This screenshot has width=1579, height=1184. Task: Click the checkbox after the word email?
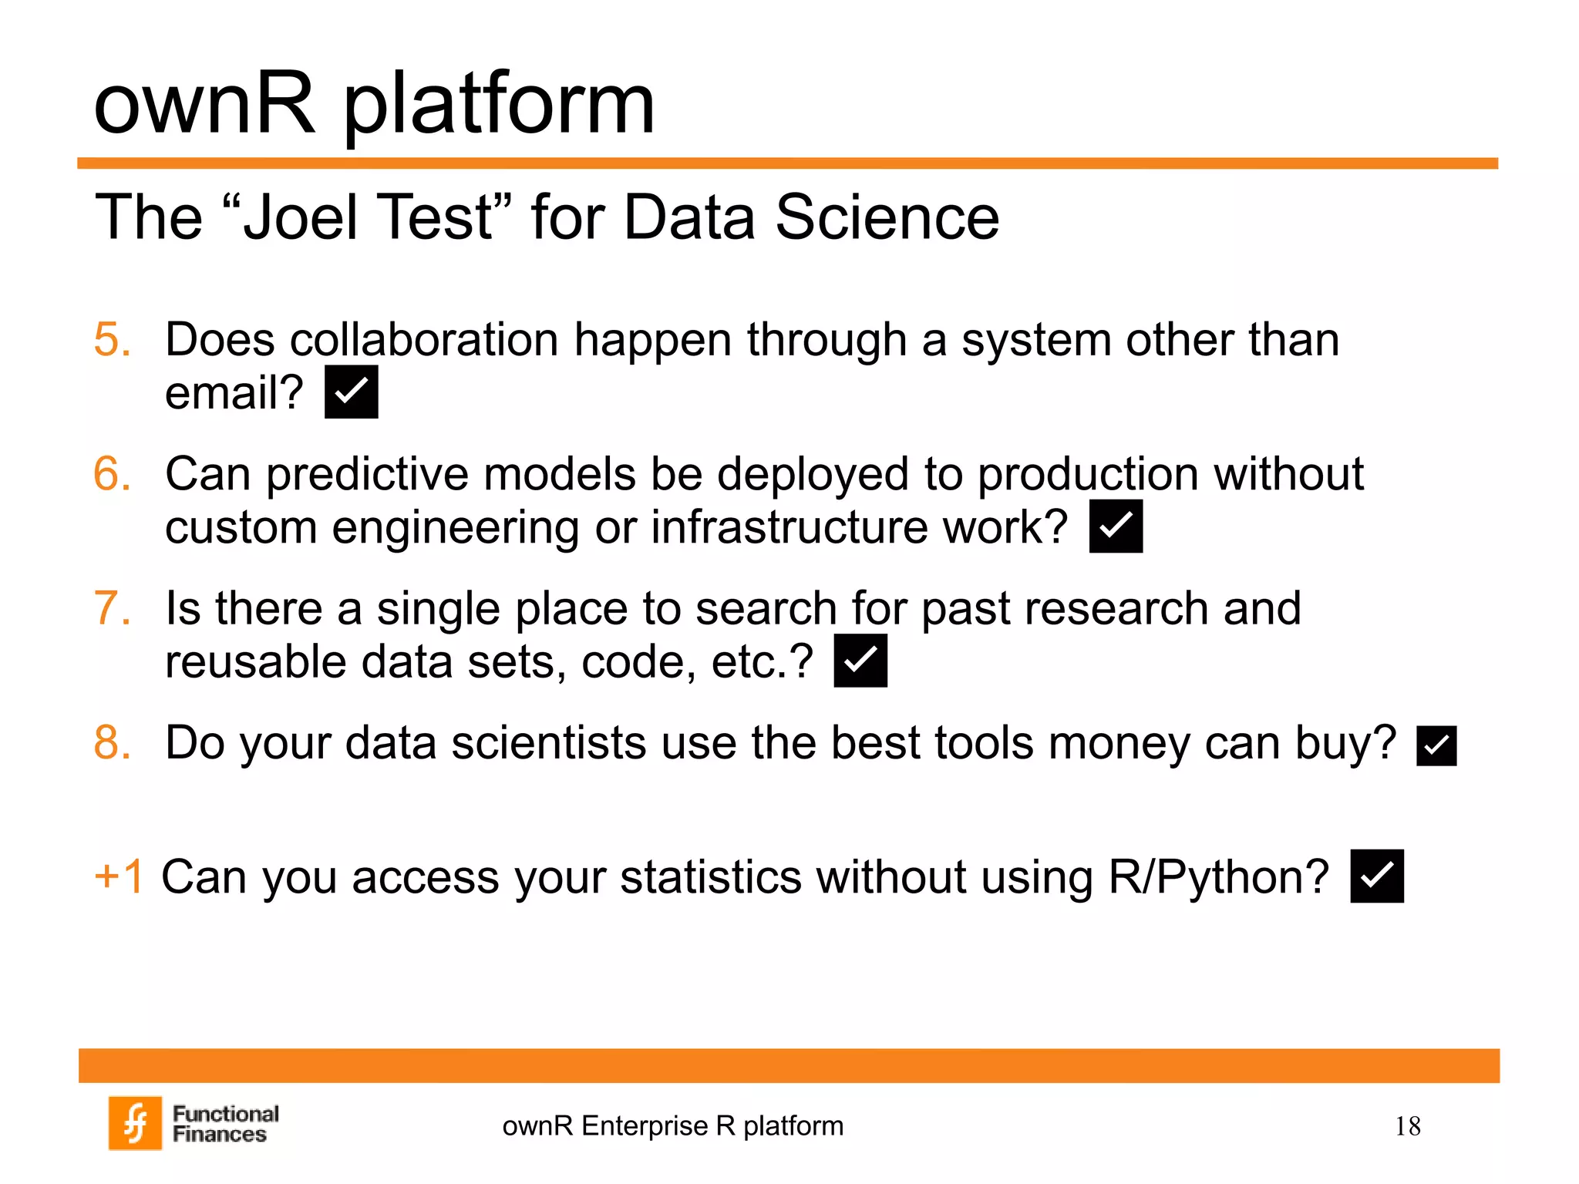pos(351,392)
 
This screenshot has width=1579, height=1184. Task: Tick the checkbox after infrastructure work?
pos(1115,526)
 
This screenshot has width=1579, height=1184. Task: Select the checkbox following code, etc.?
pos(860,661)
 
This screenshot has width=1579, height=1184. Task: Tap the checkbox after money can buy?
pos(1436,745)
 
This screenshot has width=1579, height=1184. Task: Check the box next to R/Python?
pos(1376,876)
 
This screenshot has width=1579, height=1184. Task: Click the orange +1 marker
pos(119,876)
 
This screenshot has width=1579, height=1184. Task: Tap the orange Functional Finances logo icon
pos(136,1122)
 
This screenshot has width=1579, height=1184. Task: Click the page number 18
pos(1407,1126)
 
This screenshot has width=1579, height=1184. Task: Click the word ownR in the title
pos(204,104)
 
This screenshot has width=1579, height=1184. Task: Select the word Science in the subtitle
pos(887,217)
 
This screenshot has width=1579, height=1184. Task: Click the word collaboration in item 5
pos(423,339)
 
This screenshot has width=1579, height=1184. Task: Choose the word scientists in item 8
pos(548,742)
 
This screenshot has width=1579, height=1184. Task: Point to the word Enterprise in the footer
pos(645,1126)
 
